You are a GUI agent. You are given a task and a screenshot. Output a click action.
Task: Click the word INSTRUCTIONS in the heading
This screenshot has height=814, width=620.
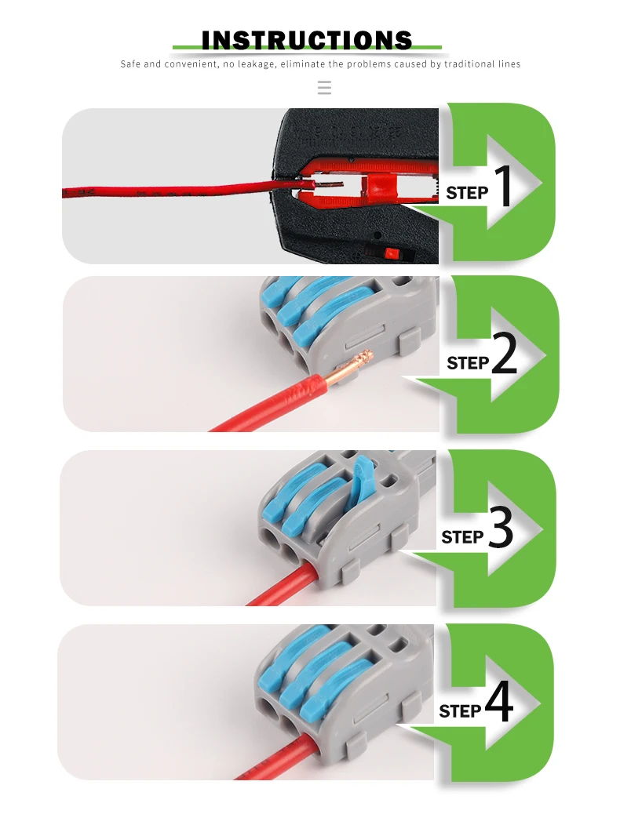click(307, 41)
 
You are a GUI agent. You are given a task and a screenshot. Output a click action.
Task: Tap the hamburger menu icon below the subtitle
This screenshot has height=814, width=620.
click(324, 87)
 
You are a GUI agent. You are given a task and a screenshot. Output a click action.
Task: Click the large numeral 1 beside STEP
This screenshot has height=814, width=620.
click(502, 186)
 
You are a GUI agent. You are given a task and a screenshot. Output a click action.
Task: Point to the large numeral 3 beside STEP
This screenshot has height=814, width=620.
click(501, 528)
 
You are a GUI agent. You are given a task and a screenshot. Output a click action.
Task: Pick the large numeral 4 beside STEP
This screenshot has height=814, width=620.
click(499, 702)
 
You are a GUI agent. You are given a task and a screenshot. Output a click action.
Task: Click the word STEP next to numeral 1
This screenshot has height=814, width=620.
click(467, 193)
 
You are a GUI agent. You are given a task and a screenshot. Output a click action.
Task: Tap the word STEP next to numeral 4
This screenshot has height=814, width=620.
click(460, 710)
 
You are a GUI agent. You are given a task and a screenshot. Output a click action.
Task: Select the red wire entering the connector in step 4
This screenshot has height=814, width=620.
click(281, 758)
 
